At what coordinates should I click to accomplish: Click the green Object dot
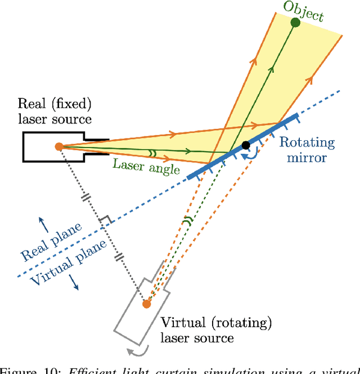[x=295, y=23]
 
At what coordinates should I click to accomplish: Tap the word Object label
[x=304, y=11]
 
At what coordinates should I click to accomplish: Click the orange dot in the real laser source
[x=58, y=146]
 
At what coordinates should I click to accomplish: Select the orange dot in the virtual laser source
[x=147, y=304]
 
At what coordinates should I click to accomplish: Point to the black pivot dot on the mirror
[x=246, y=146]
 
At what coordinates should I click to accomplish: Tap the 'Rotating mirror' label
[x=307, y=150]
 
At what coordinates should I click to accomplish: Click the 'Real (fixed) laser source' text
[x=55, y=111]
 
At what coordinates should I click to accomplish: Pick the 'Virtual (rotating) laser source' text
[x=216, y=330]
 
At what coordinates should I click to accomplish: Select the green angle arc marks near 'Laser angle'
[x=151, y=152]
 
